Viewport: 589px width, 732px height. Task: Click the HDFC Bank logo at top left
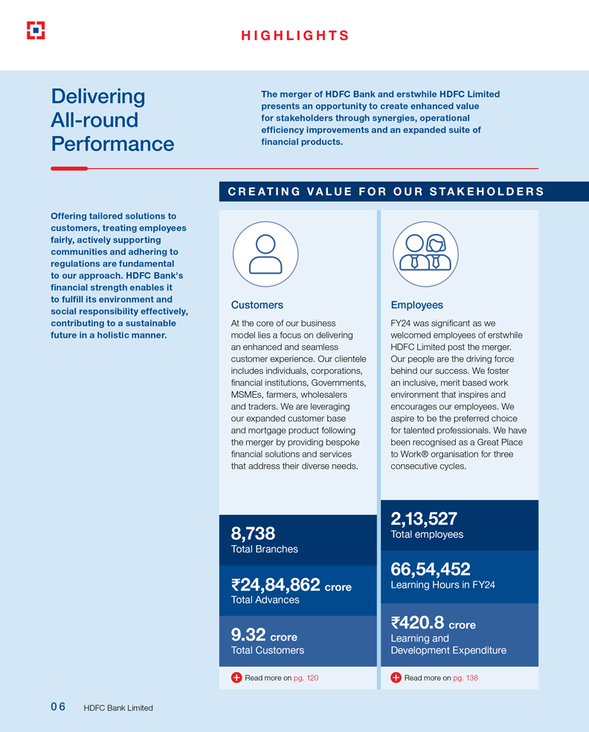tap(36, 30)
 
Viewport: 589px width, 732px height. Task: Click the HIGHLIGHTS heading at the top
tap(294, 36)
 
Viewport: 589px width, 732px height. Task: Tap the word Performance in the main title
tap(112, 144)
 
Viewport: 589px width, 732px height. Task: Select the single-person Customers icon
tap(265, 254)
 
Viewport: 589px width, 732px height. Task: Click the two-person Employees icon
tap(425, 254)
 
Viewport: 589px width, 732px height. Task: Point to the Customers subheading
tap(257, 305)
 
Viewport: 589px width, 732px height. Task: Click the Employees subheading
tap(416, 305)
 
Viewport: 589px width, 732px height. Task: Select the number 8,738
tap(254, 533)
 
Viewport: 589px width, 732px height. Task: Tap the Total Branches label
tap(265, 550)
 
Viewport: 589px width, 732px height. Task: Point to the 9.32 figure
tap(248, 635)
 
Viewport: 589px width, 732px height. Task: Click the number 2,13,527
tap(424, 518)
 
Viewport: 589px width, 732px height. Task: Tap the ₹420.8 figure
tap(417, 623)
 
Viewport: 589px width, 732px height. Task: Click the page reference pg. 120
tap(306, 678)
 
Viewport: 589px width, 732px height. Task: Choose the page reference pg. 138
tap(466, 678)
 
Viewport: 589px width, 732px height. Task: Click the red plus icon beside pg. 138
tap(396, 678)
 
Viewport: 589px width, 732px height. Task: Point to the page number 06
tap(58, 707)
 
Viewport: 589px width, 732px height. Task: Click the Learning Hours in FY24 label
tap(442, 585)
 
